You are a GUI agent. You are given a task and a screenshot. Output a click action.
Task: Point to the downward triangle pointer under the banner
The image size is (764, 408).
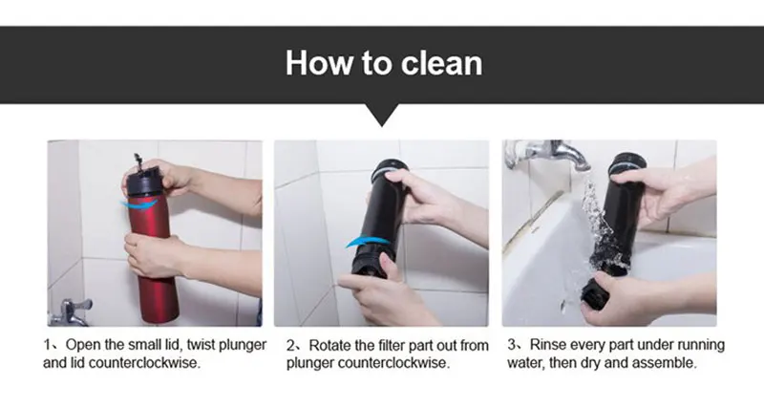point(382,115)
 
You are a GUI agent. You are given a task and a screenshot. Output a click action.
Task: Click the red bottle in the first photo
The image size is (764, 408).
point(153,253)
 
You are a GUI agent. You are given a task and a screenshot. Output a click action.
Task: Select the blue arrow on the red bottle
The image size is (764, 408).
point(139,204)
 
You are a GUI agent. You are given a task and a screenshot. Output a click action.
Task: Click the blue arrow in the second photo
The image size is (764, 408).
point(368,241)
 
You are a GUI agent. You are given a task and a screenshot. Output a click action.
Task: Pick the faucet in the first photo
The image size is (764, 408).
point(71,312)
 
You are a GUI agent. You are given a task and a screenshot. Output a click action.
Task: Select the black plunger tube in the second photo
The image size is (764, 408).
point(380,214)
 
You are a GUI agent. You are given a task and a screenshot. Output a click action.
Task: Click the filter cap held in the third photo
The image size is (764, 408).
point(593,292)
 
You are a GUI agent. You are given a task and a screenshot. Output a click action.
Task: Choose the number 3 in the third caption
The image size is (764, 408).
point(512,345)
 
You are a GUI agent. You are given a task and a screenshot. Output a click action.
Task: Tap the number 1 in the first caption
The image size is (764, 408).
point(47,345)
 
